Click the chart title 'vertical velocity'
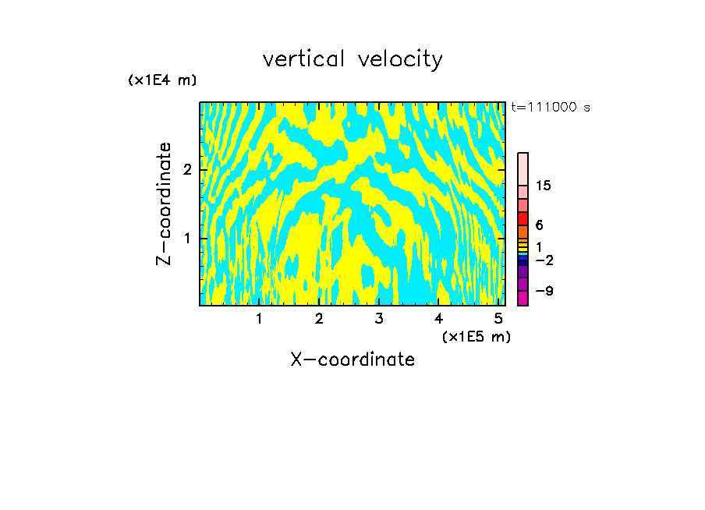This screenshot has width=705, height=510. click(352, 58)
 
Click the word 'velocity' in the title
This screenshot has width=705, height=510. click(398, 58)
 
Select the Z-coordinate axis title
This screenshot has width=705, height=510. click(164, 204)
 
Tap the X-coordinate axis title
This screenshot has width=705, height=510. click(352, 359)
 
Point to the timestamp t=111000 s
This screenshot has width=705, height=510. click(550, 107)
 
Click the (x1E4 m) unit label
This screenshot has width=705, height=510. click(162, 80)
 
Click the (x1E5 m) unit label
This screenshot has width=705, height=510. click(476, 336)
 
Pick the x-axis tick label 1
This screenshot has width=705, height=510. click(259, 318)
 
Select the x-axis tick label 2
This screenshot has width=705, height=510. click(319, 318)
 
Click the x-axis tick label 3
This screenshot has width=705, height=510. click(379, 318)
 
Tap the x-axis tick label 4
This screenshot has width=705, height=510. click(439, 318)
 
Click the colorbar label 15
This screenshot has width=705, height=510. click(544, 186)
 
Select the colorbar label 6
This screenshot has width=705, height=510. click(539, 225)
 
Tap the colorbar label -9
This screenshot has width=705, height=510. click(544, 291)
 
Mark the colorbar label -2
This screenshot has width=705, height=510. click(544, 260)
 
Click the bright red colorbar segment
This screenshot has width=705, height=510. click(523, 218)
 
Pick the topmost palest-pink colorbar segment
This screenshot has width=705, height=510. click(523, 168)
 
